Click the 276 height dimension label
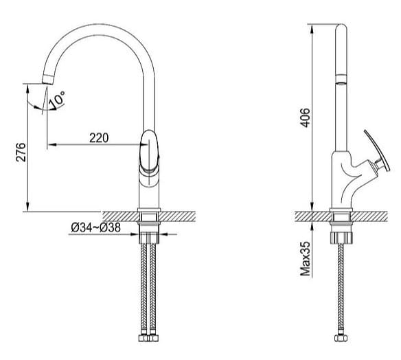tap(20, 153)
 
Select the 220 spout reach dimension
tap(99, 137)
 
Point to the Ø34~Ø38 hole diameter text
tap(96, 228)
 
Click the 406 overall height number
tap(306, 118)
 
